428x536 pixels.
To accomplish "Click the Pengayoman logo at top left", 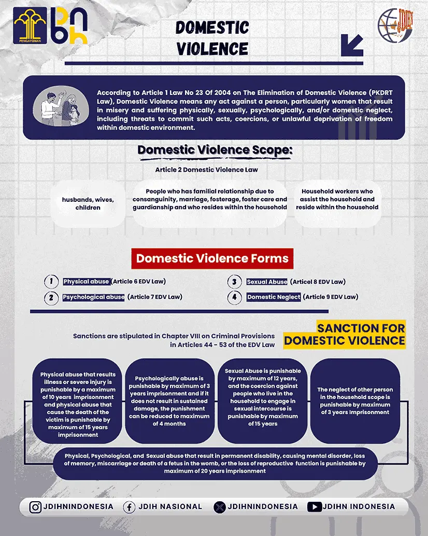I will click(30, 25).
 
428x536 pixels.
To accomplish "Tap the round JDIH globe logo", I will click(395, 25).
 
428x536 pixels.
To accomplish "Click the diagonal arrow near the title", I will click(352, 45).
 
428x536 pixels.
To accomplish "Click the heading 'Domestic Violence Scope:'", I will click(215, 150).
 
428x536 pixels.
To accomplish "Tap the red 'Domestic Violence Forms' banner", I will click(212, 258).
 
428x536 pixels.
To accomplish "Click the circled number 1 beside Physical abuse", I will click(51, 282).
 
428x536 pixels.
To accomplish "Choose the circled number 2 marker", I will click(51, 297).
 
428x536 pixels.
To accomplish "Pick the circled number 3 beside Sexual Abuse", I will click(235, 282).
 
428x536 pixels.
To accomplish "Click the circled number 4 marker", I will click(235, 297).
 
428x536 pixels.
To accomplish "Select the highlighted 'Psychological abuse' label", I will click(93, 297).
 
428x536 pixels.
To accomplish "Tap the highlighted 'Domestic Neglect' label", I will click(274, 297).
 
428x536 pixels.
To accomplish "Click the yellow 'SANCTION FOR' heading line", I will click(361, 328).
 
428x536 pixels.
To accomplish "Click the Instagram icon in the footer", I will click(35, 507).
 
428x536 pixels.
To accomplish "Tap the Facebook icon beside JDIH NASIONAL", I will click(129, 507).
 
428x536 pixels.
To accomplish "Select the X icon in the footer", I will click(220, 507).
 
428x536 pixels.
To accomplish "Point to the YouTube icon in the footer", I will click(314, 507).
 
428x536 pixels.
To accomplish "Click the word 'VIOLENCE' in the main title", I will click(212, 48).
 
